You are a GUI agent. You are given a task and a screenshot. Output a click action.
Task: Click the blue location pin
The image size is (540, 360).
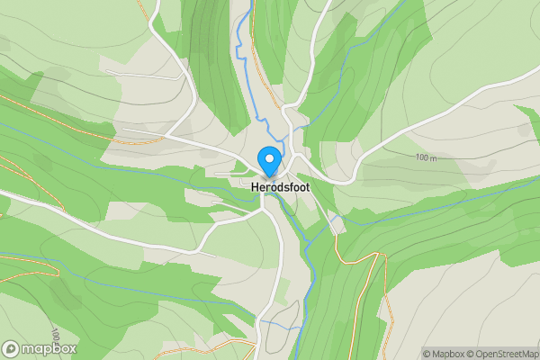click(x=269, y=160)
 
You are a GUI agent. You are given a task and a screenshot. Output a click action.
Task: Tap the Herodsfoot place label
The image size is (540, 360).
click(x=269, y=186)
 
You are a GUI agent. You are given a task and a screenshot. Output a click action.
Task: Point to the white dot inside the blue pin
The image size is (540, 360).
click(x=269, y=157)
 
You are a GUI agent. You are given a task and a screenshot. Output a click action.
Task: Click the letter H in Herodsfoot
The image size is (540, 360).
click(x=242, y=186)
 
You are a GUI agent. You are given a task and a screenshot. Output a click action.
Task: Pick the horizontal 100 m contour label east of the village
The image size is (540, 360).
click(x=427, y=158)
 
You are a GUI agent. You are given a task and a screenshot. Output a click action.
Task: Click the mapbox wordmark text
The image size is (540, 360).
click(x=50, y=348)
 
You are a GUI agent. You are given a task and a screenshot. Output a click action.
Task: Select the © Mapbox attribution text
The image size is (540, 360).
click(x=447, y=354)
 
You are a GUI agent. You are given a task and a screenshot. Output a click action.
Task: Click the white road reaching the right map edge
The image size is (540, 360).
click(x=504, y=91)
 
